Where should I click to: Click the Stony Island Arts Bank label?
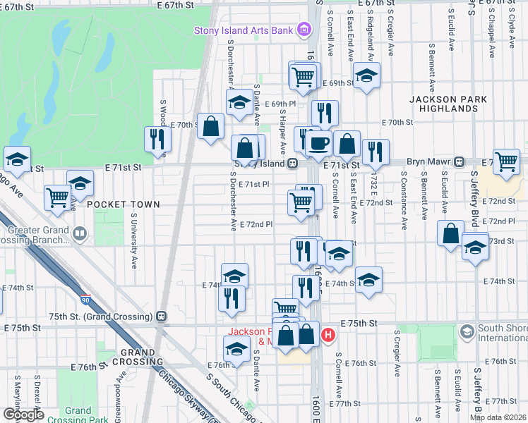244,30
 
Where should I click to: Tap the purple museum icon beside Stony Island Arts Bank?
304,30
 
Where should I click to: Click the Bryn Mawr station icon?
460,161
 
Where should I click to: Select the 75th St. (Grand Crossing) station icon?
162,317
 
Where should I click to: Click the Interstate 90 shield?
85,300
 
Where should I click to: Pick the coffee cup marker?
318,143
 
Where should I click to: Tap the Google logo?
23,415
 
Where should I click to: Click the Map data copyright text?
498,417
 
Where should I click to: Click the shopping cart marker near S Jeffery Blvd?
507,161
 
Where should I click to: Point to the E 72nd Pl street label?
256,224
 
